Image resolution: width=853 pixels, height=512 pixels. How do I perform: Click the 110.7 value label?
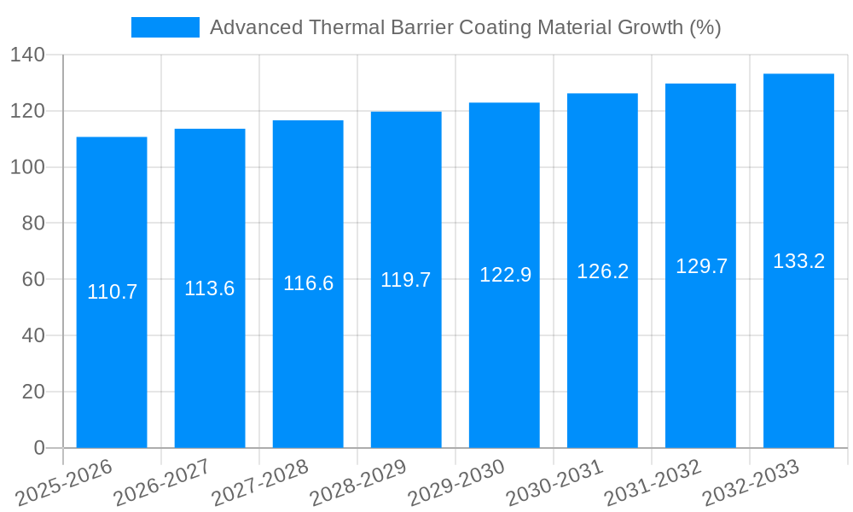coord(112,292)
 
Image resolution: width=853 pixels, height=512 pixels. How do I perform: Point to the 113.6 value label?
coord(210,288)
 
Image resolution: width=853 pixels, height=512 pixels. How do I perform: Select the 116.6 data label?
coord(308,283)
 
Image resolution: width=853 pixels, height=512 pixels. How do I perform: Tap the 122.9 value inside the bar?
coord(505,275)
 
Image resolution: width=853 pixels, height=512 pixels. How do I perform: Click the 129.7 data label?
coord(701,266)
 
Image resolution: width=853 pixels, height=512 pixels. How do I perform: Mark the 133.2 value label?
coord(798,261)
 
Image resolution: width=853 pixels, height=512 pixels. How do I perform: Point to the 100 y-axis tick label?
coord(27,167)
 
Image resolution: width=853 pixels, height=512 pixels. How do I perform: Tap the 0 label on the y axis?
coord(39,448)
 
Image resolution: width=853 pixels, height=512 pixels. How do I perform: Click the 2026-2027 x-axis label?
coord(162,483)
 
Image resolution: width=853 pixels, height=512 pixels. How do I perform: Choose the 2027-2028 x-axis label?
coord(260,483)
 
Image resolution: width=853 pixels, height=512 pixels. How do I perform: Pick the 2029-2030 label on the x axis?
coord(456,483)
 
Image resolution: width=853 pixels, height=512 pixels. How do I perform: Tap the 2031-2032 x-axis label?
coord(653,483)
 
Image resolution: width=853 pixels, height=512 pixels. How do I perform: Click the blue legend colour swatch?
coord(165,27)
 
